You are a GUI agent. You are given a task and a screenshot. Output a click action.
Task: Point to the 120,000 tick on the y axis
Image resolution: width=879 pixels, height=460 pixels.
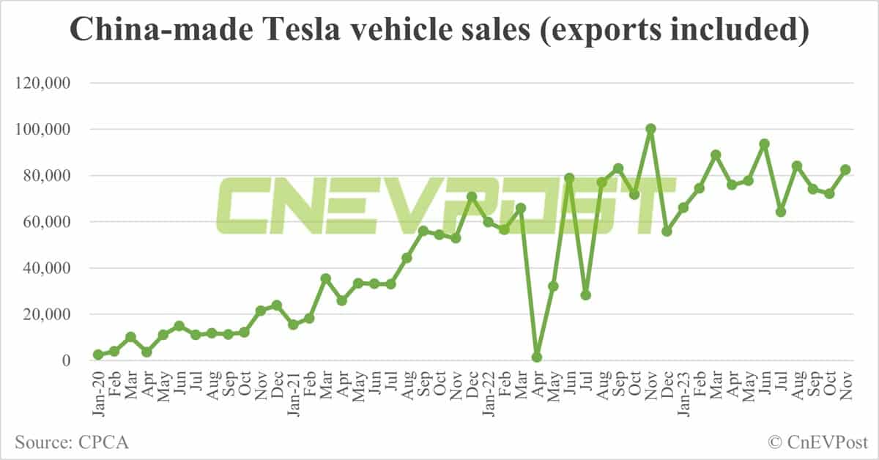click(x=42, y=84)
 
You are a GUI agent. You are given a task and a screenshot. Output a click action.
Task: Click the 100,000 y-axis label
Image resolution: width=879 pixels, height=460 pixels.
click(x=42, y=130)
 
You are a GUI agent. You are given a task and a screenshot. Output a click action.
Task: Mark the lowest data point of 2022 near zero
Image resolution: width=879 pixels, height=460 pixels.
click(x=537, y=357)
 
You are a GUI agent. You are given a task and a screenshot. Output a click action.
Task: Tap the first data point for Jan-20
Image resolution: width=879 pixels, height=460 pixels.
click(x=97, y=355)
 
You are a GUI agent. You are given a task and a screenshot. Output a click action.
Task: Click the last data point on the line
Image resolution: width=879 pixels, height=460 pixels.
click(x=845, y=170)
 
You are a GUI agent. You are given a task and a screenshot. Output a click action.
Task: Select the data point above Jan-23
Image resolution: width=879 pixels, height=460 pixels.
click(x=683, y=208)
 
